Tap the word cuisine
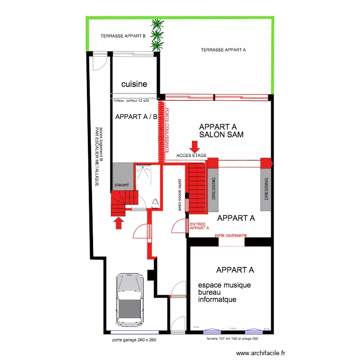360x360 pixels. point(134,84)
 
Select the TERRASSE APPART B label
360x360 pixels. point(123,36)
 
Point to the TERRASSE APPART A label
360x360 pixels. point(223,49)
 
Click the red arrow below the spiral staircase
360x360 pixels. point(119,223)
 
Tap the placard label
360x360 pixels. point(121,184)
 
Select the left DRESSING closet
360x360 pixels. point(214,189)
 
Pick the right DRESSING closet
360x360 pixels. point(266,189)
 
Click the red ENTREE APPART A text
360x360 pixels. point(199,226)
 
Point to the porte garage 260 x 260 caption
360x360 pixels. point(134,339)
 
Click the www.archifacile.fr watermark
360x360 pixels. point(261,352)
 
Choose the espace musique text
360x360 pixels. point(224,285)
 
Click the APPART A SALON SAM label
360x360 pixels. point(221,131)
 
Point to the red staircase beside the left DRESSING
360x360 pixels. point(197,188)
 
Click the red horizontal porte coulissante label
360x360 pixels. point(231,235)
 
